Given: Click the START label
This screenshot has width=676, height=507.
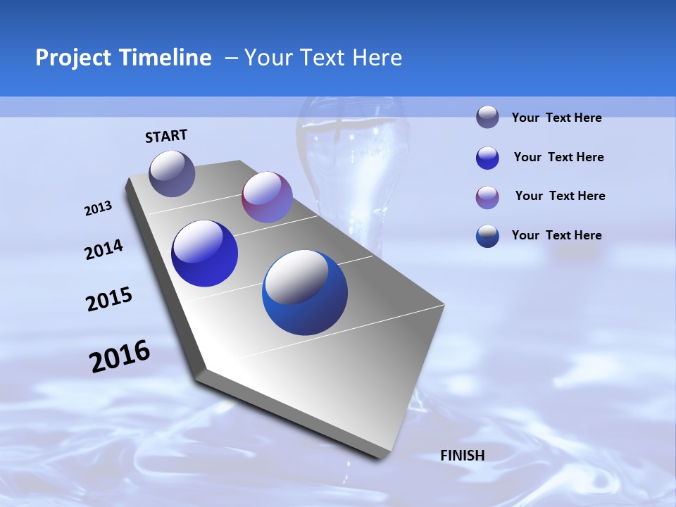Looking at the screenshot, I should pos(166,136).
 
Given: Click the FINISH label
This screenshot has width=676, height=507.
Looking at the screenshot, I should pos(463,456).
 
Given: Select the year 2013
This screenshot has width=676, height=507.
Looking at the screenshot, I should pos(98,208).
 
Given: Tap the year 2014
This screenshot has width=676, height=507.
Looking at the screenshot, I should pos(104,250).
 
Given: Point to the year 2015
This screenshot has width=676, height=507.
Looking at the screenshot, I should pos(109,299).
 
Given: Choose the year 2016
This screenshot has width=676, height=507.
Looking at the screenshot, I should pos(120,356).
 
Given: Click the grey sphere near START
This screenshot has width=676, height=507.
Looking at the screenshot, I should pos(172,173).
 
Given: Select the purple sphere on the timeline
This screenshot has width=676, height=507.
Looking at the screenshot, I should pos(267,197).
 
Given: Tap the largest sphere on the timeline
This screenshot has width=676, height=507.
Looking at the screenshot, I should pos(305,292).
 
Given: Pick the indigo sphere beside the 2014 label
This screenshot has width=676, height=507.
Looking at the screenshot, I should pos(204,254).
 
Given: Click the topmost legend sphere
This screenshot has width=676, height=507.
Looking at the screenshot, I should pos(487,117).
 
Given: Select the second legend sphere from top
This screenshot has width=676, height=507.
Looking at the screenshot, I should pos(487,158).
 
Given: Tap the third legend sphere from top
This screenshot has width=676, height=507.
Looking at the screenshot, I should pos(487,197).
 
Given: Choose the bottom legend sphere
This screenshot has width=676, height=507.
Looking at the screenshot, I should pos(487,236).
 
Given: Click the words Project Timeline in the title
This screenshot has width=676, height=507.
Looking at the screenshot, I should pos(123,58).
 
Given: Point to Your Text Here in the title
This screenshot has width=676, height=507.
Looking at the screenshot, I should pos(323,58).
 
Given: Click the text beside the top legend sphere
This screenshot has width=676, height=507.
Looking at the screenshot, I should pos(556,118).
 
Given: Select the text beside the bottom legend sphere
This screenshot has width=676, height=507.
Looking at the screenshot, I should pos(556,235).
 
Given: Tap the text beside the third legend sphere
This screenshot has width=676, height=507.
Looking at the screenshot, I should pos(560,196).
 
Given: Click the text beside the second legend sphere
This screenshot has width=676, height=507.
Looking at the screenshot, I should pos(558,157).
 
